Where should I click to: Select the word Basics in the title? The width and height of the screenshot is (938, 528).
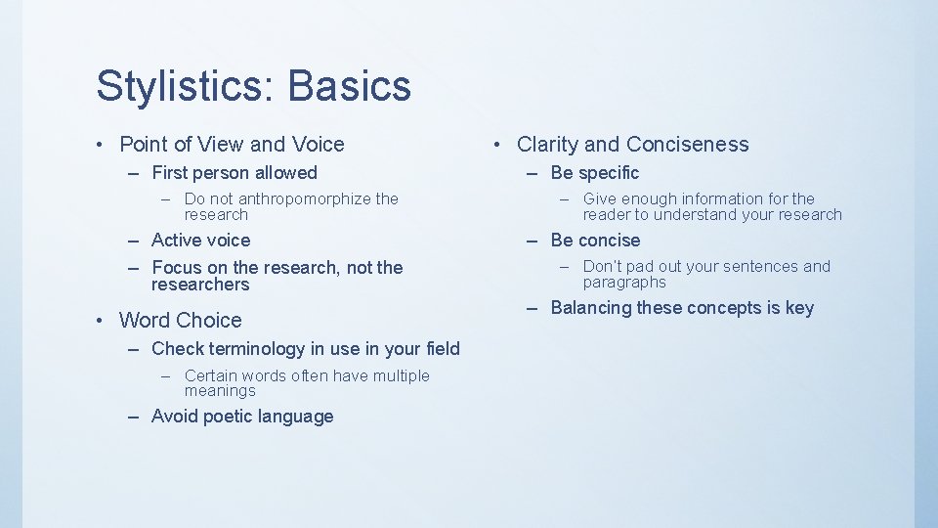point(350,86)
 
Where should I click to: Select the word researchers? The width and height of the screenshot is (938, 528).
point(200,285)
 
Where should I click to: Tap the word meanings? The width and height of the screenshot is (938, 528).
point(220,391)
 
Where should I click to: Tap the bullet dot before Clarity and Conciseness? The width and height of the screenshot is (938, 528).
point(498,145)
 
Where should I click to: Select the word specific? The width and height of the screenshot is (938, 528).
point(609,173)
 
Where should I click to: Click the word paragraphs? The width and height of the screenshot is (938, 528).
point(624,283)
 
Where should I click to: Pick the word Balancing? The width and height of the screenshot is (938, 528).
point(591,308)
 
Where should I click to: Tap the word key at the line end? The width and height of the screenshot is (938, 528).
point(799,308)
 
